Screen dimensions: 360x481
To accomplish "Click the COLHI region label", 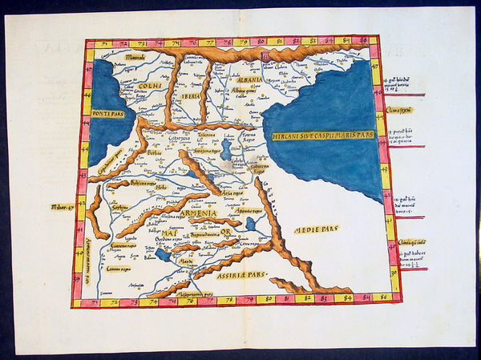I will click(150, 86).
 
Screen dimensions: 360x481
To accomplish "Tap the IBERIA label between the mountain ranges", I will click(191, 95).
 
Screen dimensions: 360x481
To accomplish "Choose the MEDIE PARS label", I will click(316, 229).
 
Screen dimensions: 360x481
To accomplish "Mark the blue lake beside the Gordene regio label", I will click(163, 255).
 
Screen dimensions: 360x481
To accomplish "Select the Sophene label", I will click(119, 206).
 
